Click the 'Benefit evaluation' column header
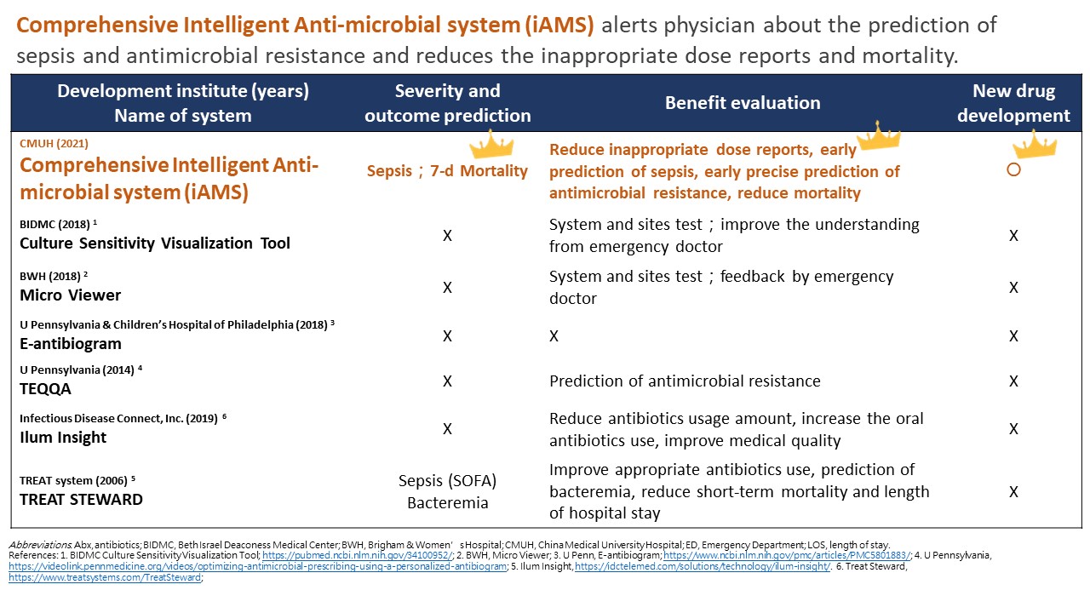743,103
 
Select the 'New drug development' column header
1013,103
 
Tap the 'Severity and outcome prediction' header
448,103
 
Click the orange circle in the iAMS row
1013,169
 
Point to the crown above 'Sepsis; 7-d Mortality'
491,145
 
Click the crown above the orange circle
1035,144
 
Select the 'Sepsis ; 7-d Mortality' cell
447,171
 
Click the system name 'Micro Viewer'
70,295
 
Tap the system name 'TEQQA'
45,389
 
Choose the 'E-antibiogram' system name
71,343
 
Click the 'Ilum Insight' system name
63,438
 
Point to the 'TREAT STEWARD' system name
81,499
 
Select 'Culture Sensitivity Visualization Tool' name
155,243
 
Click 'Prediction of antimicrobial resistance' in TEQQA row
685,381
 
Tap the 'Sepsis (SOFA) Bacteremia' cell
448,491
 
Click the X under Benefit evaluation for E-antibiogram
554,335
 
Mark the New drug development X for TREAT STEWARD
1013,491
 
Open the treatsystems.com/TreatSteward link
105,577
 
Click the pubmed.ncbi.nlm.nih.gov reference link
358,555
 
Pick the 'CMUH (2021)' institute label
54,144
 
